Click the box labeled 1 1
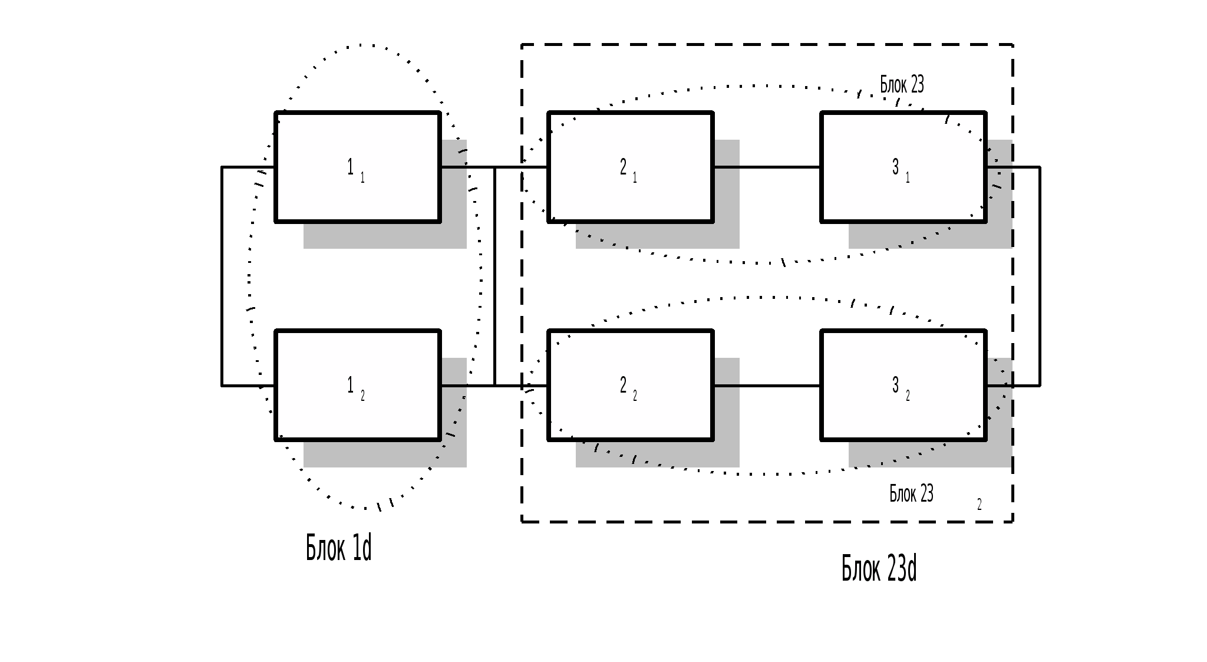click(x=358, y=167)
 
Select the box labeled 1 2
click(x=358, y=385)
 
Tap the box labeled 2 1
click(x=631, y=167)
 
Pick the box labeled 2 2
click(x=631, y=385)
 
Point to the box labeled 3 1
click(x=903, y=167)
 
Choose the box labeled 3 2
click(x=903, y=385)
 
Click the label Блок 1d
click(x=339, y=548)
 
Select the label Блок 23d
click(x=879, y=568)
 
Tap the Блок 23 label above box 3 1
click(x=902, y=84)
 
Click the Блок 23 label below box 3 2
click(x=911, y=493)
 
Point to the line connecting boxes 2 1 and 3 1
click(x=767, y=167)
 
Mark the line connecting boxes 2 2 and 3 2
click(x=767, y=386)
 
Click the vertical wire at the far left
click(x=222, y=276)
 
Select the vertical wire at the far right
click(x=1040, y=276)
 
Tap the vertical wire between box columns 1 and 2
click(x=494, y=276)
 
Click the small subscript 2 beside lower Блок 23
click(x=980, y=504)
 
